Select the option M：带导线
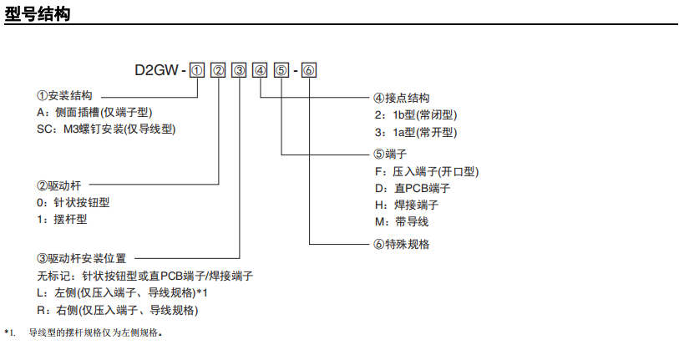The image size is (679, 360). [402, 221]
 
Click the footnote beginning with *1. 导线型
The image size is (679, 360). [84, 333]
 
